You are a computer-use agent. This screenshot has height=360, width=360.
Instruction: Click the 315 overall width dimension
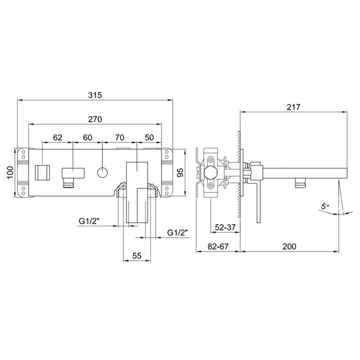pyautogui.click(x=95, y=95)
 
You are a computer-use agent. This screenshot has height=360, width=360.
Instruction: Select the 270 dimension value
pyautogui.click(x=95, y=119)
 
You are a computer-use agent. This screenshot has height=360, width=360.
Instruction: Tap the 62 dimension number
pyautogui.click(x=58, y=137)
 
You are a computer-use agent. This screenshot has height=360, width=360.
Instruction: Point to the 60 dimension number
pyautogui.click(x=87, y=137)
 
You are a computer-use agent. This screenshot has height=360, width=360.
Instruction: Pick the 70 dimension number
pyautogui.click(x=120, y=137)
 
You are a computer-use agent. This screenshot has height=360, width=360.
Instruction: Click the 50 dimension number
pyautogui.click(x=149, y=137)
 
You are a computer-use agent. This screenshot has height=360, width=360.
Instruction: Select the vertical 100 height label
pyautogui.click(x=10, y=173)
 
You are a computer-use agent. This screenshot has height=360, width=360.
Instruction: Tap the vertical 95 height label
pyautogui.click(x=181, y=173)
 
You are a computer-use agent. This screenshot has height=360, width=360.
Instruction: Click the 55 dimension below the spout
pyautogui.click(x=137, y=256)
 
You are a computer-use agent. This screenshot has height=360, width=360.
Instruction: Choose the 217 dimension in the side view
pyautogui.click(x=294, y=107)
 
